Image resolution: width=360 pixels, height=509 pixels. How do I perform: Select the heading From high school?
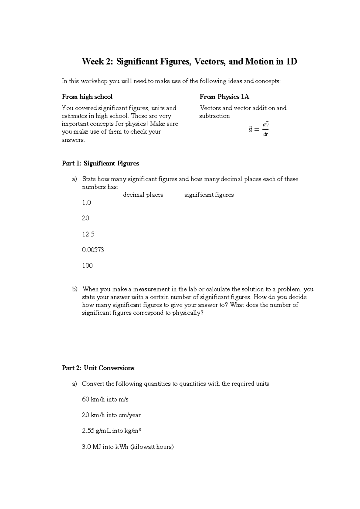[87, 97]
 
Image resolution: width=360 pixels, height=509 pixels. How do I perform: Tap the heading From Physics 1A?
[224, 97]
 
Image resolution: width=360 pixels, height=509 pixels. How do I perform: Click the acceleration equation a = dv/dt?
[258, 129]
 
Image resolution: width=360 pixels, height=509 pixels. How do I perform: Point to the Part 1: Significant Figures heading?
[100, 163]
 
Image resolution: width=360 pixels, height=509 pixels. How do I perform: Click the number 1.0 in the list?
[86, 203]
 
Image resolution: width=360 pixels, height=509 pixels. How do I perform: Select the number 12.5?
[88, 234]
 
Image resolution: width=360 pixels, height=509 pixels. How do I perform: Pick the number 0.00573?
[93, 250]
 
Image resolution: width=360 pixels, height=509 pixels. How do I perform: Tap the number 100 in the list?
[87, 266]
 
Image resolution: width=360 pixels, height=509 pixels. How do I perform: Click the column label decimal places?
[143, 195]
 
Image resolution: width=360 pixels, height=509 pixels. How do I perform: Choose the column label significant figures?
[209, 195]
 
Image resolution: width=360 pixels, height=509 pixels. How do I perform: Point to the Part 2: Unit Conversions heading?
[98, 368]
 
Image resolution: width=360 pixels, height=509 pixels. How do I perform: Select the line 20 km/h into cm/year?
[111, 415]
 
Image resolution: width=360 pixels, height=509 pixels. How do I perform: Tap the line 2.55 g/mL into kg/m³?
[111, 431]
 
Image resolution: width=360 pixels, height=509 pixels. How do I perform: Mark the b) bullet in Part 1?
[74, 290]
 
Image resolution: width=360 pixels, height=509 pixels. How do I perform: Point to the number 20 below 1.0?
[85, 218]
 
